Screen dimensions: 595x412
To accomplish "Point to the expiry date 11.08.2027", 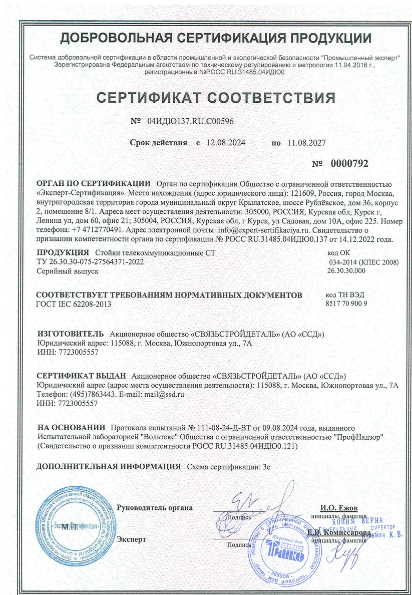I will click(x=306, y=143).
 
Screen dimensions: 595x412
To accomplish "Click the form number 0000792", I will click(x=349, y=163).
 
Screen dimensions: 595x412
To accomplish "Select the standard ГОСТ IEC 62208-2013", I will click(x=74, y=304).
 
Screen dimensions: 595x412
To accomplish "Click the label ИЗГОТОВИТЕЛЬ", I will click(x=71, y=334).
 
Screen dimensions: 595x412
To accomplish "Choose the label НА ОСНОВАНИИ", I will click(x=72, y=427).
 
